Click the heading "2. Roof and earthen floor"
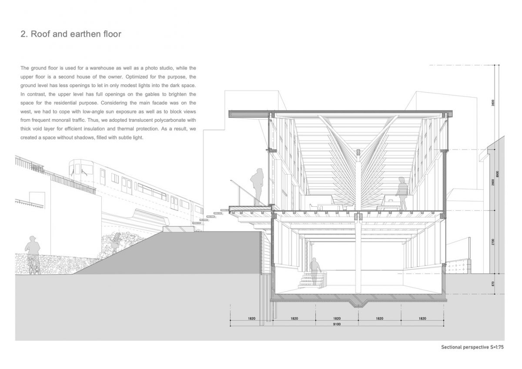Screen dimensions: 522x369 [x=71, y=34]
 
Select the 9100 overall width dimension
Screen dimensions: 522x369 [x=337, y=324]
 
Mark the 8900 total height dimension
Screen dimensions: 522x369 [x=498, y=174]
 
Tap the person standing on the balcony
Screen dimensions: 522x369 [x=257, y=187]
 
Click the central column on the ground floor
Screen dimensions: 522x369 [x=358, y=256]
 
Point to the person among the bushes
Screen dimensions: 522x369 [x=116, y=242]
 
